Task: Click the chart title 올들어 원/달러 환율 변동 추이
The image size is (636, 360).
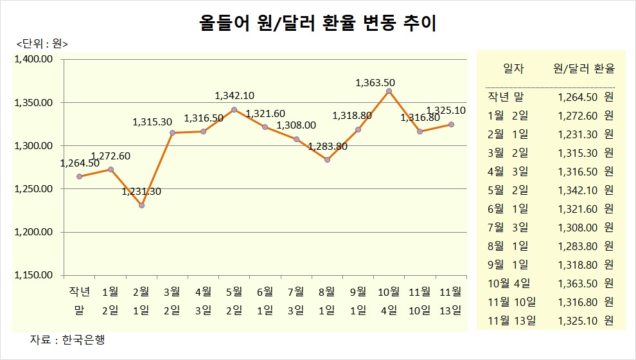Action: [x=317, y=24]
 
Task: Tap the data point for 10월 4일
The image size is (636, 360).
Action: [x=389, y=91]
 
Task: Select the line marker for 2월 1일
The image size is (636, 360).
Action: [x=141, y=206]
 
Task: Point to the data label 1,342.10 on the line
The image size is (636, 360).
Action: [x=234, y=96]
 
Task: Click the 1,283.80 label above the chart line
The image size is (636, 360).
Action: [x=328, y=147]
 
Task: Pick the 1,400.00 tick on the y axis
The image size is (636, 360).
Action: [x=33, y=60]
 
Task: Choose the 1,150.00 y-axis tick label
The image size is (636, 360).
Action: [x=33, y=275]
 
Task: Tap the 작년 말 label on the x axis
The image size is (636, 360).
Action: [x=79, y=300]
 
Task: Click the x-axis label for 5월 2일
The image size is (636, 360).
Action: [x=234, y=300]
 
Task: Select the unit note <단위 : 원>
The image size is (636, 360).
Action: [x=42, y=44]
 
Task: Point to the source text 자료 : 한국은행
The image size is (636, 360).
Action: [x=67, y=339]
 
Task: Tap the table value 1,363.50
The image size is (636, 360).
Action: [x=579, y=283]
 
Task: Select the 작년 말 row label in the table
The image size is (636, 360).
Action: [x=506, y=98]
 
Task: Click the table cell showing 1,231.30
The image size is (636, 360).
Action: [x=579, y=135]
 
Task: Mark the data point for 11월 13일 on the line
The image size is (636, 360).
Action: [x=451, y=124]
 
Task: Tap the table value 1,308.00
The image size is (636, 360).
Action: [x=579, y=228]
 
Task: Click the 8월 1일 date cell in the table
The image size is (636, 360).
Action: [x=508, y=246]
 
